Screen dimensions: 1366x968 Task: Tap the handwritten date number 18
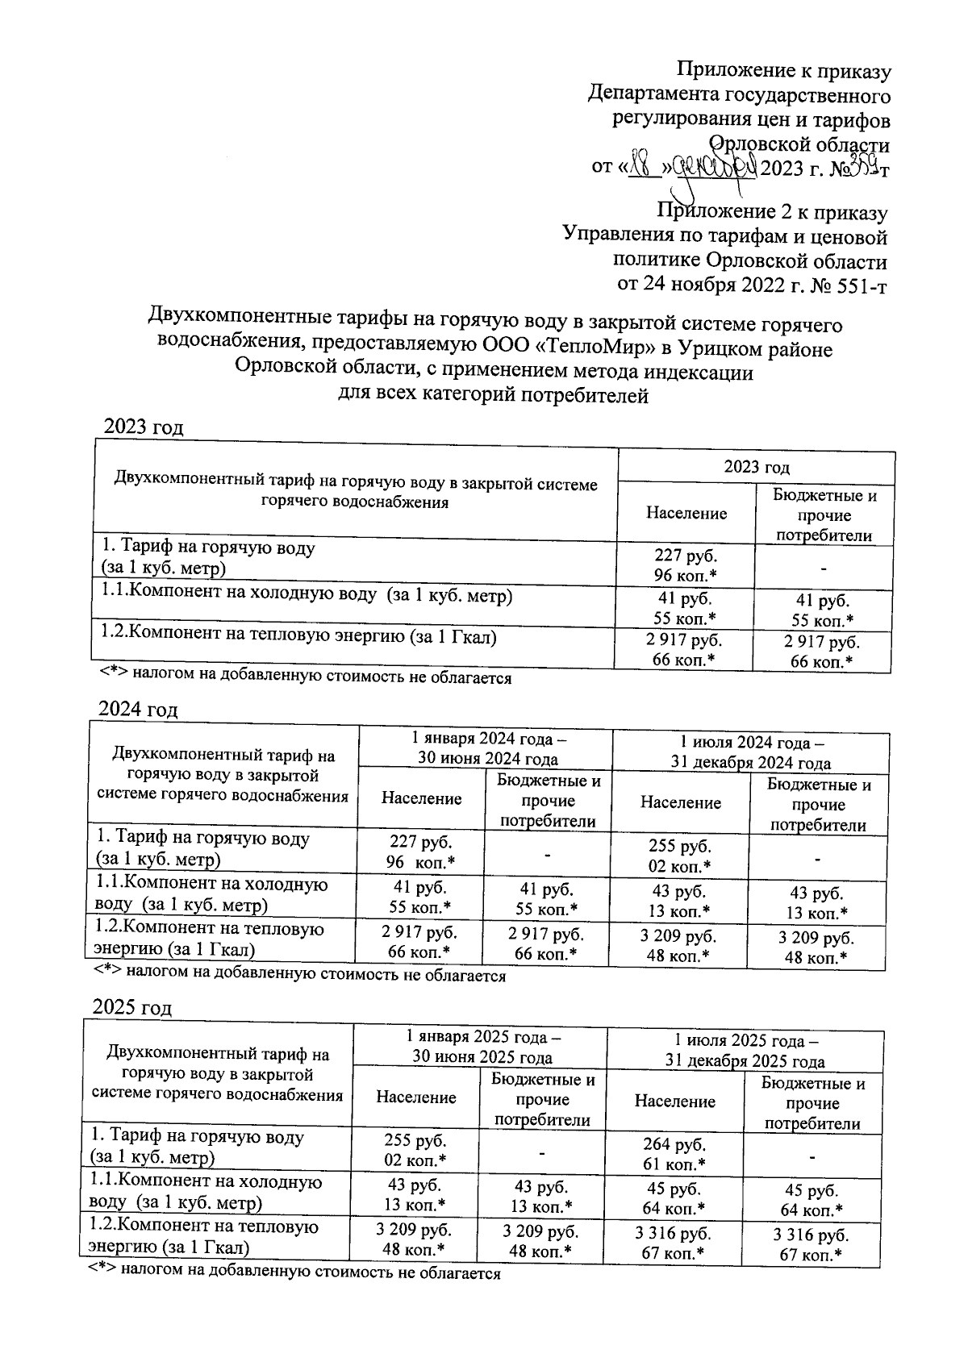[642, 169]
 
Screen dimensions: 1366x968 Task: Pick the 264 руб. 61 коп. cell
[674, 1154]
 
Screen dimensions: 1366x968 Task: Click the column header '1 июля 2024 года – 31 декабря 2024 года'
[750, 752]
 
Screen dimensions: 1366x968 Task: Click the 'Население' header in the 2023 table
[686, 513]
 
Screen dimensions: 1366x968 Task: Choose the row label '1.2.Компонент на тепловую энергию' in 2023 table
[297, 637]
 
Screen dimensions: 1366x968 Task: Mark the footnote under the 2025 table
[294, 1273]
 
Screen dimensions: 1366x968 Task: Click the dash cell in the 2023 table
[824, 568]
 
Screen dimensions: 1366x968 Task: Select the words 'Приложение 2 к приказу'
[772, 213]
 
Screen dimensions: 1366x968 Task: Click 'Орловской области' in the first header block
[799, 145]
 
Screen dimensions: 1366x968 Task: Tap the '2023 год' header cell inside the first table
[756, 467]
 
